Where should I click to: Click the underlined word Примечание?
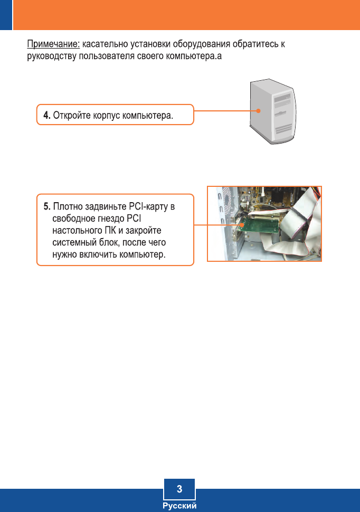pos(53,43)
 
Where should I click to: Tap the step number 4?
pos(46,115)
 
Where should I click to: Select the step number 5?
pos(46,206)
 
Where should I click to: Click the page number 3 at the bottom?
pos(179,489)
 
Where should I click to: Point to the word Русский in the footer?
pos(179,506)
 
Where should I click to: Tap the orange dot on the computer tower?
pos(259,111)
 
